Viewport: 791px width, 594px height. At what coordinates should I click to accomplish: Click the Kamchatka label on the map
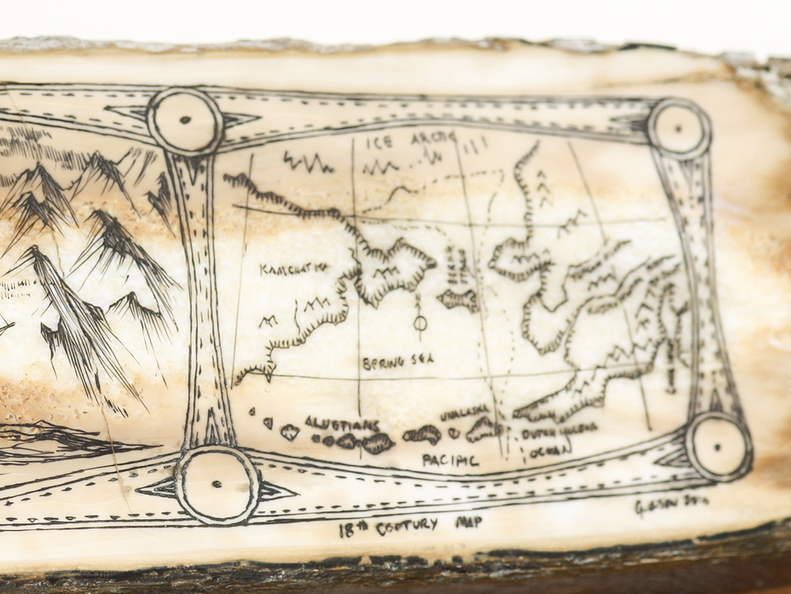294,268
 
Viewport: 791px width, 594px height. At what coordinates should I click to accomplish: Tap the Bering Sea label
398,360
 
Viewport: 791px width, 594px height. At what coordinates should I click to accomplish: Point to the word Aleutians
341,424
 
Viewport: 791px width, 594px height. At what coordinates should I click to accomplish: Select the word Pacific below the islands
450,460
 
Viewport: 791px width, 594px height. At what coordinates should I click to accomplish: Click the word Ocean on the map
550,449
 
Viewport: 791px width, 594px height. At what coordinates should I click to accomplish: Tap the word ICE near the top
379,142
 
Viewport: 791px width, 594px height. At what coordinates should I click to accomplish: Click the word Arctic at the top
433,138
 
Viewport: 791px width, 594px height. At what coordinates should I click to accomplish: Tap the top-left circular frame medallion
185,121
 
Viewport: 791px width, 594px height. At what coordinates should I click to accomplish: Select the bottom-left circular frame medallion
217,485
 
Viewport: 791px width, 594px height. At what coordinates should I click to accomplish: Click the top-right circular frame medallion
678,129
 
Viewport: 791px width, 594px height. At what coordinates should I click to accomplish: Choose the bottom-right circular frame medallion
718,446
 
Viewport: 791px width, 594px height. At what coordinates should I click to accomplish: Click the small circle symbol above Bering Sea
420,323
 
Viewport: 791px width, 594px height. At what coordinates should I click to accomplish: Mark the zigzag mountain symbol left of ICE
307,162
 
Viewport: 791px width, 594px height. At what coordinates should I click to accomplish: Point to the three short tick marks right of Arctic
475,145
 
